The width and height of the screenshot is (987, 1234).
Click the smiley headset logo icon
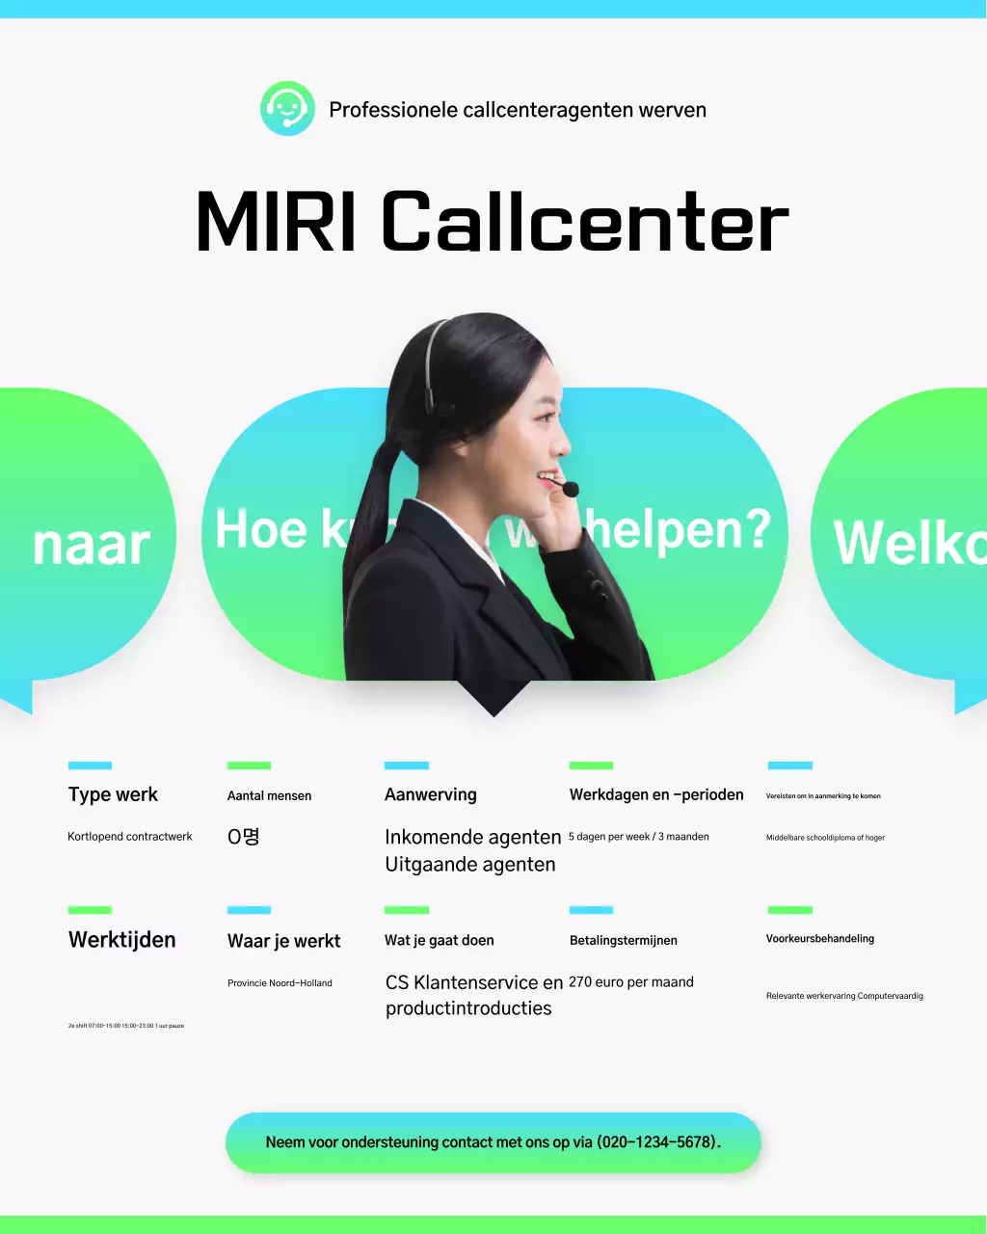287,109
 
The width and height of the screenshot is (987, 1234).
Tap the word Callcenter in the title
585,223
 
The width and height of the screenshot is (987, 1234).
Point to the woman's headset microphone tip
571,490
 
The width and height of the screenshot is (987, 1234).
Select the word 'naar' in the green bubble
92,546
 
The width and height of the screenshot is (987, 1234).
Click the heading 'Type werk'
113,795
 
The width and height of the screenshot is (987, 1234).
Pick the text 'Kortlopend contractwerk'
130,837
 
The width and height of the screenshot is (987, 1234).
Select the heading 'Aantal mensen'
269,796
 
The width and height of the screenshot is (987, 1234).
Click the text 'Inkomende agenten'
472,837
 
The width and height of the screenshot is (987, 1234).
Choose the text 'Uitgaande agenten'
470,865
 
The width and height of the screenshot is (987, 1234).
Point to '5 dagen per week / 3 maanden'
639,837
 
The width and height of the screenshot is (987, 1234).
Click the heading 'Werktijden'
122,940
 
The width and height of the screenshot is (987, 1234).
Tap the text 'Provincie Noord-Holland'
280,983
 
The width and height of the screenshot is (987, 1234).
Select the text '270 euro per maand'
631,982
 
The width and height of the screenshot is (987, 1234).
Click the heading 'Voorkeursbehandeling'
820,939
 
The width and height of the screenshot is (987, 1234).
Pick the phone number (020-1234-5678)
657,1142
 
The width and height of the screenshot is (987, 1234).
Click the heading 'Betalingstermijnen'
624,941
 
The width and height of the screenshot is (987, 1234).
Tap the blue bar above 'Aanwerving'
407,765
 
